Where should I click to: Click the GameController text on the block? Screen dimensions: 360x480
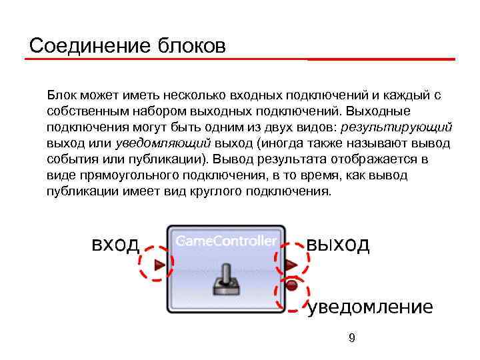pos(226,241)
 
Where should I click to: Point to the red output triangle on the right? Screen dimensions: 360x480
pos(291,265)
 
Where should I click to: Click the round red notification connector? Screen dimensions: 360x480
pos(291,286)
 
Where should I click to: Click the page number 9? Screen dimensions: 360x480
pos(351,339)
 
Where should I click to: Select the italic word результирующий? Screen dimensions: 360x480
pos(397,127)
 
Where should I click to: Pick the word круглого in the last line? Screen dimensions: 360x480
pos(211,191)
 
